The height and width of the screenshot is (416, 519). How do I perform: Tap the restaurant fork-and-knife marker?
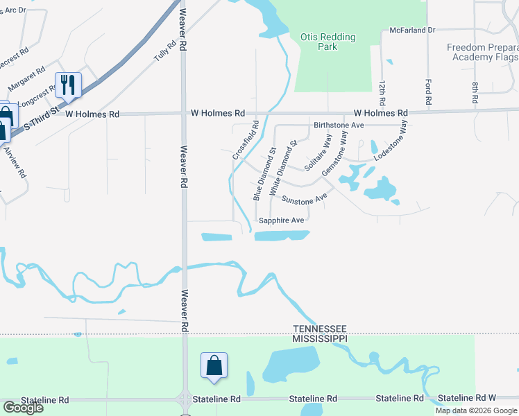(68, 85)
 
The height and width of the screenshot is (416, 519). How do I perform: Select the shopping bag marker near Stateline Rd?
(214, 365)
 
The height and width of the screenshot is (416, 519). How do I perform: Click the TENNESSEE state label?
(319, 329)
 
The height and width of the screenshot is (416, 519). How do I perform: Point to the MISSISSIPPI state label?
(319, 338)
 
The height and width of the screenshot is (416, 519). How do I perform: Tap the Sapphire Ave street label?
(281, 220)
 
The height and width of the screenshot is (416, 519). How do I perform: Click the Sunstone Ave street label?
(304, 199)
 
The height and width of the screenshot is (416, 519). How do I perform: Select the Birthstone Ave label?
(339, 125)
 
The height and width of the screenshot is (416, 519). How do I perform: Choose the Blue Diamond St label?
(264, 174)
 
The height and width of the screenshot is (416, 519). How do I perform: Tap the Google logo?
(22, 408)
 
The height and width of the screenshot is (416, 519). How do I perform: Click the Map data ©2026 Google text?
(476, 410)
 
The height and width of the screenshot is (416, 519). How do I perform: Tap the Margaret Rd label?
(24, 80)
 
